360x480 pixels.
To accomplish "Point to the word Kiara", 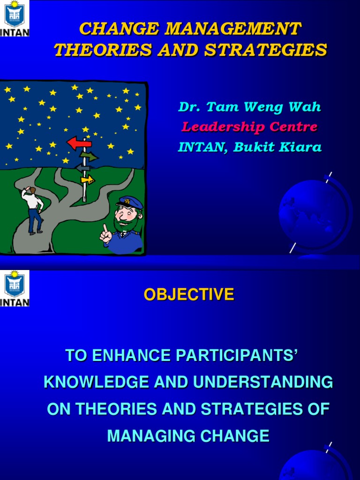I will pos(304,147).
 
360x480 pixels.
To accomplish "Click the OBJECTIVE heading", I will pos(188,294).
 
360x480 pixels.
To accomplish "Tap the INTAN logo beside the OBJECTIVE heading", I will pos(15,288).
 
